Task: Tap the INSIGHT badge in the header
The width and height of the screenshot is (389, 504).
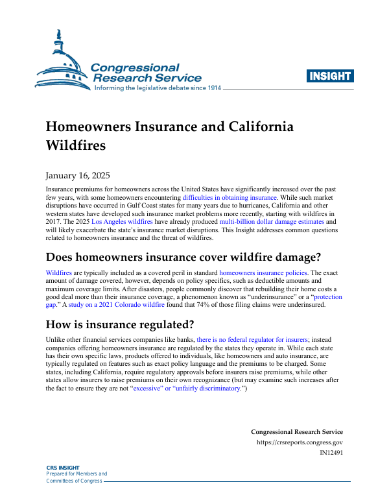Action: (331, 76)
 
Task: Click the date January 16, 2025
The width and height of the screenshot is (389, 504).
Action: (78, 175)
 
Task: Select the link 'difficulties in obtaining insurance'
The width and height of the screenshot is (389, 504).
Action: (230, 197)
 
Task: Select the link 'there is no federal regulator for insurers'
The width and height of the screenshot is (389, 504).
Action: (252, 339)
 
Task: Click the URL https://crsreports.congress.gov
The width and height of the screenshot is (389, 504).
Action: (300, 443)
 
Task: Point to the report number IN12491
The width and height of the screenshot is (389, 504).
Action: (331, 453)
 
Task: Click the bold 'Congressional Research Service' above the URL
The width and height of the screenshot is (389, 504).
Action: (296, 432)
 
